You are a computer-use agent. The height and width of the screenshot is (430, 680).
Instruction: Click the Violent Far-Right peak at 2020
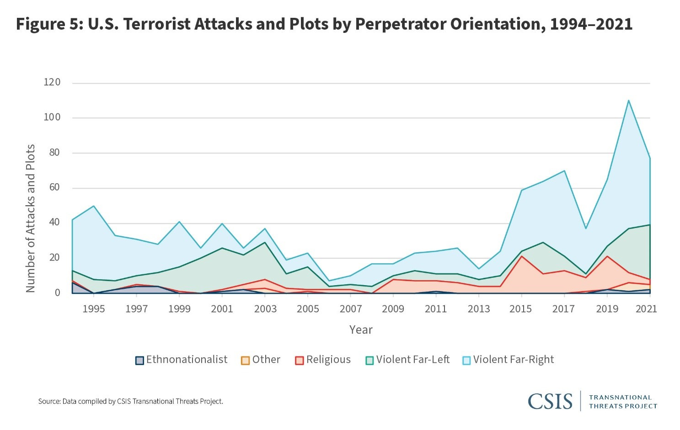point(628,100)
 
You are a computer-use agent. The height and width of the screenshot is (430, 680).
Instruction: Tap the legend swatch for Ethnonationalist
point(139,360)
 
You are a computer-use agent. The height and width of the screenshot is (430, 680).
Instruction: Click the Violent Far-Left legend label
point(412,360)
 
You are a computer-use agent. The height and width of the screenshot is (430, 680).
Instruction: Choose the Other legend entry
point(266,360)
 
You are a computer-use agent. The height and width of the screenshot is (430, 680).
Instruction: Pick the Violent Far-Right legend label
point(513,360)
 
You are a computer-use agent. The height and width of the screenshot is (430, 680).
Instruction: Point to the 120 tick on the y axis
point(52,82)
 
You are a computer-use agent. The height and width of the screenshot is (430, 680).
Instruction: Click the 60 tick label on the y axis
point(54,187)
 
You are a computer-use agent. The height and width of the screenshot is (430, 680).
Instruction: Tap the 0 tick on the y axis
point(58,292)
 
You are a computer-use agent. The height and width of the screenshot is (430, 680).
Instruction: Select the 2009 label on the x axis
point(393,309)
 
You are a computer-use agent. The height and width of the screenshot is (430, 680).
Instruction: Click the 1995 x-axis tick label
point(93,309)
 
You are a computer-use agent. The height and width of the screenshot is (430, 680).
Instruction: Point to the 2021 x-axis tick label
point(646,309)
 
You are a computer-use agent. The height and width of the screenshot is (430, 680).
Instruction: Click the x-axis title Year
point(361,329)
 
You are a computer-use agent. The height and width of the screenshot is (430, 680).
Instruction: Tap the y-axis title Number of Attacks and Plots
point(30,218)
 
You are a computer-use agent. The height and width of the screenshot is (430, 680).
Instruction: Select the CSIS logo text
point(550,401)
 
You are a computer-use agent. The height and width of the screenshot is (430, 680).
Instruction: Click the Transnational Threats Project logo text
point(622,401)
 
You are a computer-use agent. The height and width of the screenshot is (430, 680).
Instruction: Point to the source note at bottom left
point(130,401)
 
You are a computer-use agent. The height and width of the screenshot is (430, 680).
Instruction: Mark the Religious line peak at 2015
point(521,256)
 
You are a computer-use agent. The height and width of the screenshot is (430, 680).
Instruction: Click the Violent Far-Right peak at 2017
point(564,170)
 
